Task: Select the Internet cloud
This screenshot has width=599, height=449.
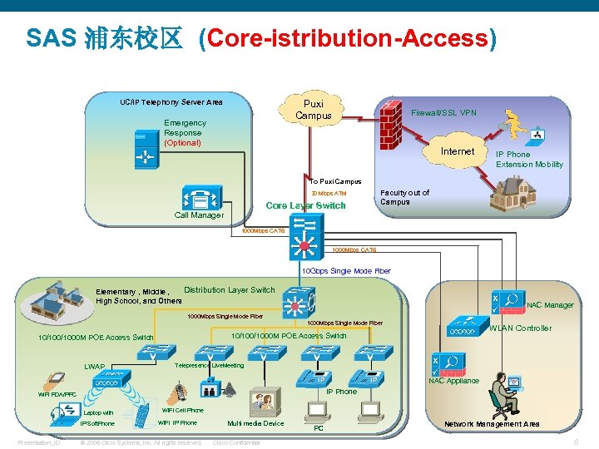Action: [457, 151]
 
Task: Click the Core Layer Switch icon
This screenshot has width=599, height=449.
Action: [306, 236]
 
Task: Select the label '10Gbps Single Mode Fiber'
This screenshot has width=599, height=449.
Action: [345, 271]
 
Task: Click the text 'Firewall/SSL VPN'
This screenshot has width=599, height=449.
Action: [444, 113]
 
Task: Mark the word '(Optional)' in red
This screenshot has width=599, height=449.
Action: [182, 143]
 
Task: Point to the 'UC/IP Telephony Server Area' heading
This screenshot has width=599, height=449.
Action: [171, 102]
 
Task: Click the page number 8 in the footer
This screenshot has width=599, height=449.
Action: [577, 442]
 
